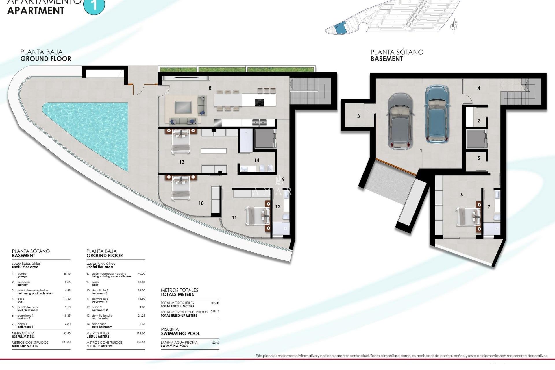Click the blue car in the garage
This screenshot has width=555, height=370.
click(x=438, y=114)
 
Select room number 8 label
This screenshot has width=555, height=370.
click(x=210, y=88)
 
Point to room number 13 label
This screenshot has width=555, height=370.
click(x=182, y=162)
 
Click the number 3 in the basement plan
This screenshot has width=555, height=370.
click(x=358, y=116)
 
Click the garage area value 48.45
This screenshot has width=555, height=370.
click(x=67, y=274)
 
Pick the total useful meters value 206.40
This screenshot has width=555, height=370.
click(x=215, y=303)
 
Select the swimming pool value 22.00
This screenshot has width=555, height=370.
click(x=216, y=343)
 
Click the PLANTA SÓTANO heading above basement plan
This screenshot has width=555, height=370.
click(x=397, y=52)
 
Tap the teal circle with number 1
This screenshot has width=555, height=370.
click(x=94, y=6)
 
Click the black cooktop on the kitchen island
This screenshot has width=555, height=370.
click(x=259, y=102)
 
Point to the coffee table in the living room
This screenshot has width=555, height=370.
click(x=183, y=107)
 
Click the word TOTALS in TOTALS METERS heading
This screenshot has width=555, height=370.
click(x=169, y=295)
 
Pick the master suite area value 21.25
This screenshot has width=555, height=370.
click(x=141, y=316)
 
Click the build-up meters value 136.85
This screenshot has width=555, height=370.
click(x=141, y=342)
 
